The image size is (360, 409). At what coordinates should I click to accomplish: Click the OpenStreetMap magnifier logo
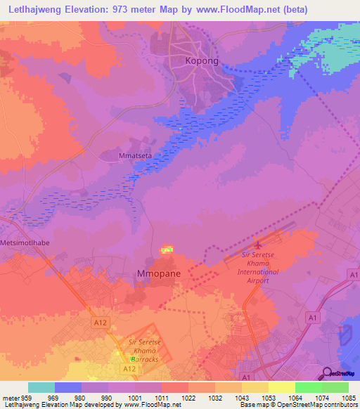(x=326, y=372)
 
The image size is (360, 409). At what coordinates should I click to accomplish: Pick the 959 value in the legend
(x=27, y=397)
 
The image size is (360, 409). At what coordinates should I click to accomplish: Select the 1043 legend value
(x=240, y=397)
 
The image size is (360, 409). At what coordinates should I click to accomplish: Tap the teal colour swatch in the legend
(x=41, y=387)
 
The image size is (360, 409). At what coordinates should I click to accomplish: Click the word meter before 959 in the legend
(x=10, y=397)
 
